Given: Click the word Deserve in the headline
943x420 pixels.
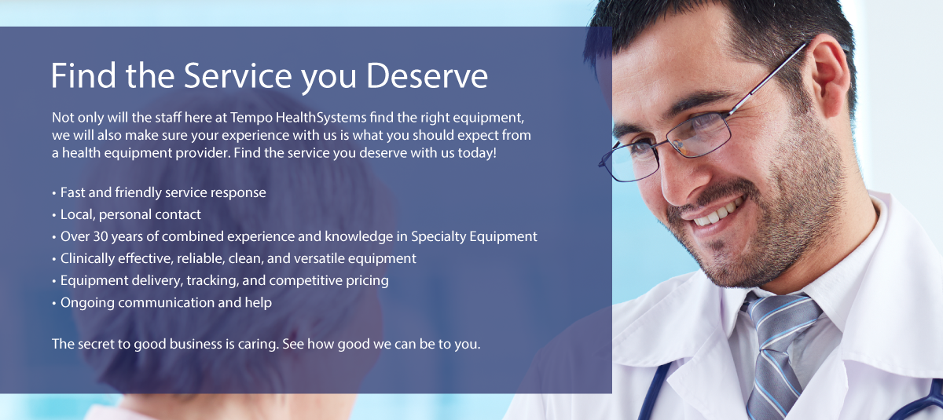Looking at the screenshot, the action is pos(427,75).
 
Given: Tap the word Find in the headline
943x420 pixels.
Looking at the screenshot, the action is pos(83,75).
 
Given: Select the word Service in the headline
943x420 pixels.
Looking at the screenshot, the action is pos(238,75).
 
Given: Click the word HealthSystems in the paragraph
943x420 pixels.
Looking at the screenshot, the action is pos(321,118).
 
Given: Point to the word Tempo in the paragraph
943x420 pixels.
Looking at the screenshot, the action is pos(251,118).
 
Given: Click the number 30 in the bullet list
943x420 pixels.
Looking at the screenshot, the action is pos(101,236).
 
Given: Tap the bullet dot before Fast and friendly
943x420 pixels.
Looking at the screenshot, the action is pos(54,193).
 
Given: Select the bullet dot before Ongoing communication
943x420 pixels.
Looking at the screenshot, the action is pos(54,304).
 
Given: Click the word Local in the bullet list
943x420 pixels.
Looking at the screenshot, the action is pos(78,215).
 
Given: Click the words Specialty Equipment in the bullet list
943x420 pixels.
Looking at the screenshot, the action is pos(474,237).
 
